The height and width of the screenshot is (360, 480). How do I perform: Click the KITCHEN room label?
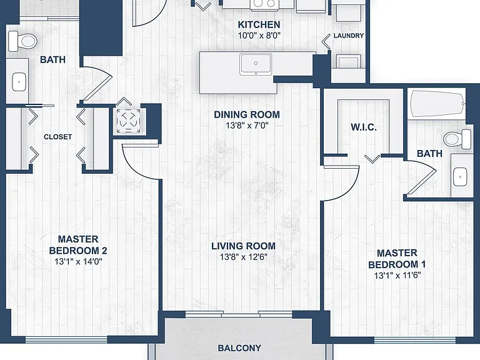tap(259, 24)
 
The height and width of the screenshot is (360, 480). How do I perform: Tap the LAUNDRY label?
tap(349, 36)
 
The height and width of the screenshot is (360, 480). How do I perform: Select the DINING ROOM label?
tap(247, 114)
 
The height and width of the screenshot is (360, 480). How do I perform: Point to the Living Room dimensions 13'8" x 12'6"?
tap(244, 257)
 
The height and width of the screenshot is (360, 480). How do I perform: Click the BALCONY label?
tap(239, 348)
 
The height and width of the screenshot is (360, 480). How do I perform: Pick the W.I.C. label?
tap(364, 127)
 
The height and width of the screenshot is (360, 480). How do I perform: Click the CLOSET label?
tap(58, 137)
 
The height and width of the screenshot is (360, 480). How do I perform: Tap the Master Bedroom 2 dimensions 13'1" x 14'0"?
tap(78, 262)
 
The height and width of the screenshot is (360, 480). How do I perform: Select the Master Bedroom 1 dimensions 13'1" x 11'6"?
tap(397, 276)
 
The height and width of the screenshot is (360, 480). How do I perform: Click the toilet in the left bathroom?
tap(22, 41)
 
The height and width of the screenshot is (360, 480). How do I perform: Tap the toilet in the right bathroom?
tap(457, 139)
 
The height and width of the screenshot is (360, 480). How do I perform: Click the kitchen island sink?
tap(256, 64)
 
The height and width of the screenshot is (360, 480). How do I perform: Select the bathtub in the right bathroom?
tap(437, 104)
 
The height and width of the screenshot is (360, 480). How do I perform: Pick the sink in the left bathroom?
tap(19, 82)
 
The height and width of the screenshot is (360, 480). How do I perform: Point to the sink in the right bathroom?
tap(460, 177)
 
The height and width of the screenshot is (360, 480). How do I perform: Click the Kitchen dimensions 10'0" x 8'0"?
tap(259, 36)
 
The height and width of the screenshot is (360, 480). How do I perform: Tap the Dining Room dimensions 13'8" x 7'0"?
tap(247, 126)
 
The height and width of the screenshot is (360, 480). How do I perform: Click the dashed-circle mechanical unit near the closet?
tap(128, 121)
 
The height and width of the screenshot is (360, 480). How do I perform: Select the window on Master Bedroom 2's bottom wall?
tap(66, 339)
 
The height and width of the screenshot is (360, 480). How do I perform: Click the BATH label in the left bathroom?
tap(52, 59)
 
